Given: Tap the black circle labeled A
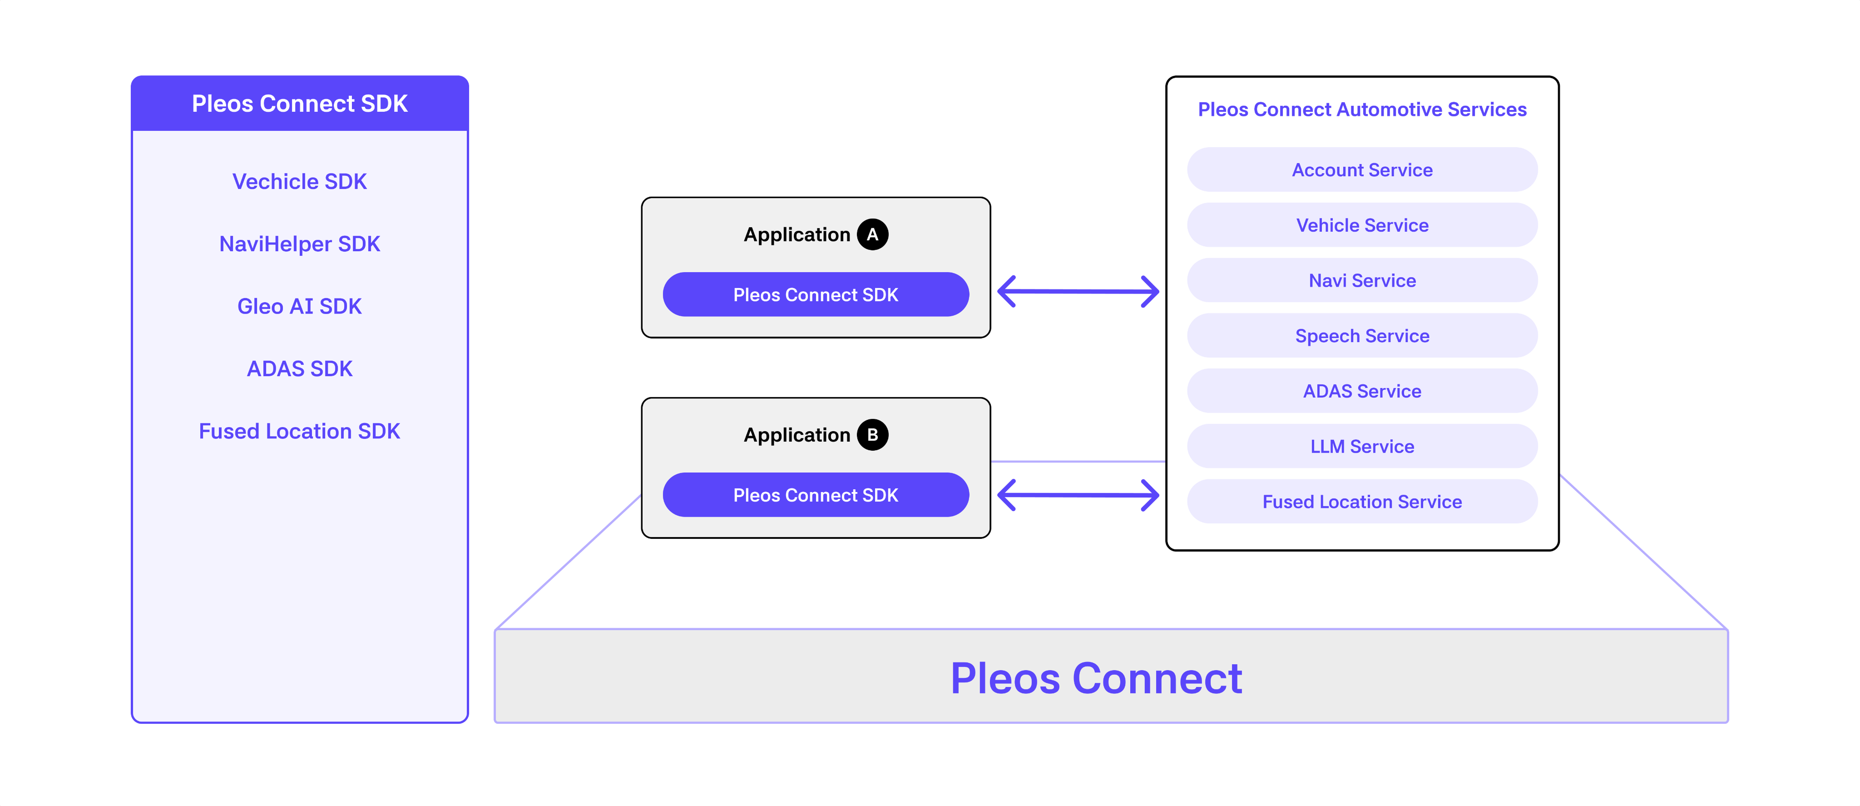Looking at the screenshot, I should coord(872,235).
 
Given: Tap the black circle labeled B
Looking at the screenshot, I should coord(872,435).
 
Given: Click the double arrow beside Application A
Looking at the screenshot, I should coord(1078,292).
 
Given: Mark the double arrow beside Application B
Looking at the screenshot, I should coord(1078,495).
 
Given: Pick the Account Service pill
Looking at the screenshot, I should coord(1362,170).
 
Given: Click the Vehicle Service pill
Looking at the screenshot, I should coord(1362,225).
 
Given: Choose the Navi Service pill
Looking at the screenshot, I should coord(1362,280).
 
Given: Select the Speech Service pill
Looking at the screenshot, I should coord(1362,336).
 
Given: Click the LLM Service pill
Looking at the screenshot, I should coord(1362,446).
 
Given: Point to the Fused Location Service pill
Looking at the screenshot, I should coord(1362,502).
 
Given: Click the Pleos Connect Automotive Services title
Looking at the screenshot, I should coord(1362,110).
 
